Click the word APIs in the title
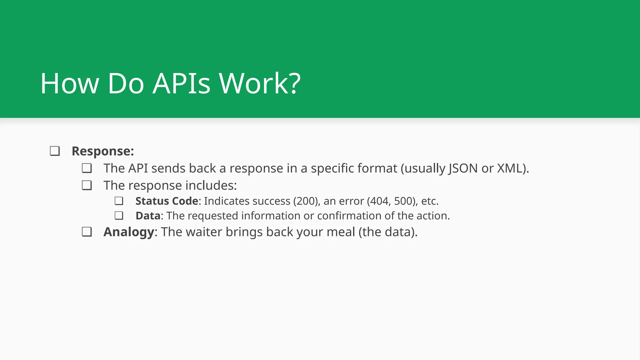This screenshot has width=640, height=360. pyautogui.click(x=182, y=83)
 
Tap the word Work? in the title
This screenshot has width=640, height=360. pyautogui.click(x=259, y=83)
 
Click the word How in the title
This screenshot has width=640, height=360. pyautogui.click(x=69, y=83)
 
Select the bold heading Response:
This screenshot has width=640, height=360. pyautogui.click(x=103, y=151)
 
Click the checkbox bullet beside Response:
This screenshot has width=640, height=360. pyautogui.click(x=55, y=151)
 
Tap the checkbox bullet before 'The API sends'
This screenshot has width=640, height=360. pyautogui.click(x=87, y=168)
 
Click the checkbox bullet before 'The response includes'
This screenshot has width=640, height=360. pyautogui.click(x=87, y=186)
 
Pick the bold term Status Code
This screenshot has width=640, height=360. pyautogui.click(x=167, y=201)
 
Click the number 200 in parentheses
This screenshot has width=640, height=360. pyautogui.click(x=306, y=201)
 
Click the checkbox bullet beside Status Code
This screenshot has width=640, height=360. pyautogui.click(x=119, y=201)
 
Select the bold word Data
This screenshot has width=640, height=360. pyautogui.click(x=148, y=216)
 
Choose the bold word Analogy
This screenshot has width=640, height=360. pyautogui.click(x=129, y=232)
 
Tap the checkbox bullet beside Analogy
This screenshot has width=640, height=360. pyautogui.click(x=87, y=232)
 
